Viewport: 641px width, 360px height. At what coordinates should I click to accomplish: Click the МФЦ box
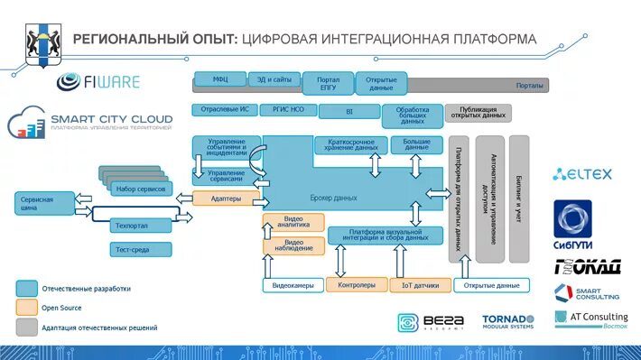coord(219,79)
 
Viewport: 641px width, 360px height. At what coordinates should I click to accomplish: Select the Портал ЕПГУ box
coord(328,83)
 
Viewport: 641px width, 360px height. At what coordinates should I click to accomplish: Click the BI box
coord(348,112)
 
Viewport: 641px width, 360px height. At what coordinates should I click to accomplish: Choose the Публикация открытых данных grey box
coord(477,113)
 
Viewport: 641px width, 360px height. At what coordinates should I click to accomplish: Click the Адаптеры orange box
coord(226,198)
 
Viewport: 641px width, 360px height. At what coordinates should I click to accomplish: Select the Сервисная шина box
coord(42,203)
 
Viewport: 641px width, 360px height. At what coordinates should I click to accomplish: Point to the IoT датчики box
coord(420,285)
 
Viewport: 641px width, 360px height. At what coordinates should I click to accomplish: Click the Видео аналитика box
coord(293,222)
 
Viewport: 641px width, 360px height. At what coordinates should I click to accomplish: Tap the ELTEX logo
coord(583,175)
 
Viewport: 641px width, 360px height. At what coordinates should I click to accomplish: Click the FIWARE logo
coord(98,82)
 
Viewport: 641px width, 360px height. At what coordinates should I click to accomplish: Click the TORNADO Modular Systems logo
coord(508,323)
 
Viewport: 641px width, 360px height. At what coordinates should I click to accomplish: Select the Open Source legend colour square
coord(26,308)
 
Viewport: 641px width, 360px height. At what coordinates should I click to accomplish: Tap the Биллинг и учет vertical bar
coord(519,198)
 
